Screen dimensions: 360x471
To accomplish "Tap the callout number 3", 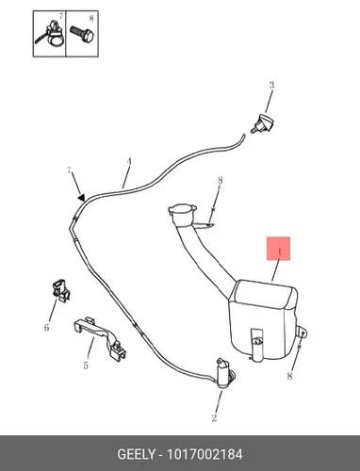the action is pyautogui.click(x=271, y=85).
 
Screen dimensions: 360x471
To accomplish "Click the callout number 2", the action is pyautogui.click(x=214, y=418).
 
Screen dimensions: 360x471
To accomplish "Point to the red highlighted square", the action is pyautogui.click(x=278, y=249).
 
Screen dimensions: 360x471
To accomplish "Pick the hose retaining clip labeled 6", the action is pyautogui.click(x=60, y=289).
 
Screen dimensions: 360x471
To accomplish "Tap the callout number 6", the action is pyautogui.click(x=46, y=328).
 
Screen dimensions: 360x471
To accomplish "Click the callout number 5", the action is pyautogui.click(x=86, y=365).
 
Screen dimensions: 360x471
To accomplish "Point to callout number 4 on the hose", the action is pyautogui.click(x=129, y=162).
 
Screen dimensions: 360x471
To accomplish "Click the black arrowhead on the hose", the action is pyautogui.click(x=82, y=198).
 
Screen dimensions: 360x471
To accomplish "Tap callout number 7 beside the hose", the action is pyautogui.click(x=69, y=171).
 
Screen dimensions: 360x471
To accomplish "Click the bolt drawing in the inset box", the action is pyautogui.click(x=83, y=34).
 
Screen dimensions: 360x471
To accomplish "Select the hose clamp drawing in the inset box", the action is pyautogui.click(x=52, y=35).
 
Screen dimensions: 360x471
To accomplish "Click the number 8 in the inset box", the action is pyautogui.click(x=91, y=19).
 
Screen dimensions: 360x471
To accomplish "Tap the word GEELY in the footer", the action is pyautogui.click(x=136, y=454).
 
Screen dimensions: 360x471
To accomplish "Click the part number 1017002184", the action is pyautogui.click(x=205, y=454).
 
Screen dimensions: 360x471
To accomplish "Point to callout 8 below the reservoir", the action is pyautogui.click(x=289, y=376).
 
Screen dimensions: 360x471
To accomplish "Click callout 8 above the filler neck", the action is pyautogui.click(x=221, y=181).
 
